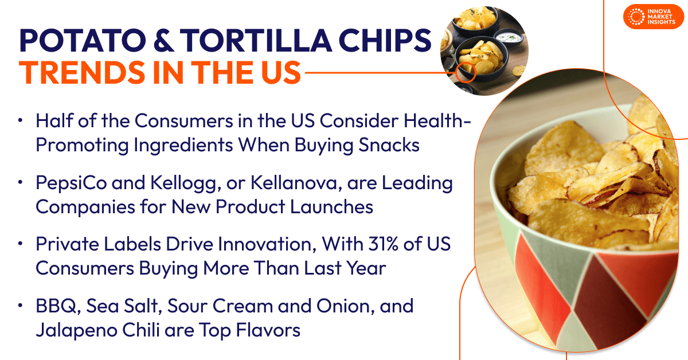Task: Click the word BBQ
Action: (56, 306)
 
